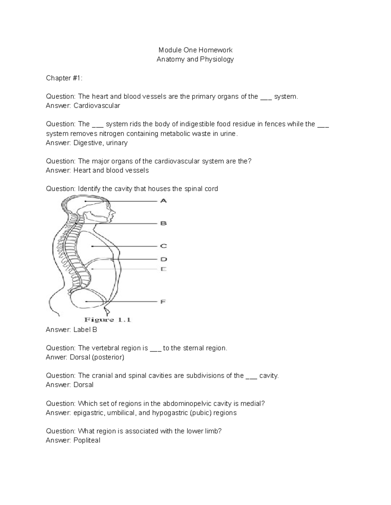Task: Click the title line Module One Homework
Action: [x=195, y=50]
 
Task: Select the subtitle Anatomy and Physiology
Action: [x=195, y=60]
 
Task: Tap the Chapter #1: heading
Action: [x=64, y=78]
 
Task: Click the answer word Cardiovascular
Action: [x=97, y=106]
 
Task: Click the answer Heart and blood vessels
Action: [x=111, y=170]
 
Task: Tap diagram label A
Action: [x=163, y=201]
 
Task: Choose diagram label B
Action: [x=163, y=223]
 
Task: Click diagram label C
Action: [x=163, y=246]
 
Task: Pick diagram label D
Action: [x=163, y=259]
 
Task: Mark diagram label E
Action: [x=163, y=269]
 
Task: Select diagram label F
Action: [x=163, y=302]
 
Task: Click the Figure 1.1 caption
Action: [x=108, y=320]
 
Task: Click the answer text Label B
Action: [x=85, y=330]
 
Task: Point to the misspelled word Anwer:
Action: [x=57, y=357]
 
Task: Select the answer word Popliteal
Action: [x=87, y=441]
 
